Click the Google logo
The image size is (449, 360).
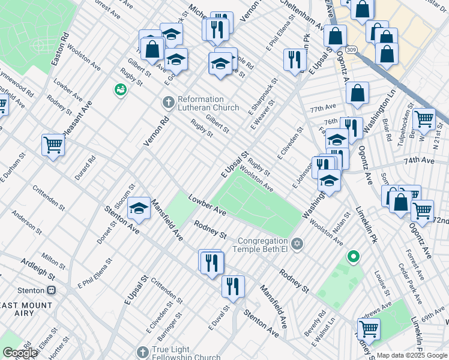(20, 353)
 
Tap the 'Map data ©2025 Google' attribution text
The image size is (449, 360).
(412, 355)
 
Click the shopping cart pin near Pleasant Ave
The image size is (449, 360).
(53, 145)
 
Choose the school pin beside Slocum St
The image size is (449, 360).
(139, 208)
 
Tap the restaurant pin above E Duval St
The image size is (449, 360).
(233, 286)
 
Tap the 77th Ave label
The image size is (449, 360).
(324, 109)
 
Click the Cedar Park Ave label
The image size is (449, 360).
(411, 286)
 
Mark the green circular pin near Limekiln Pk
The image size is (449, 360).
(354, 257)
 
